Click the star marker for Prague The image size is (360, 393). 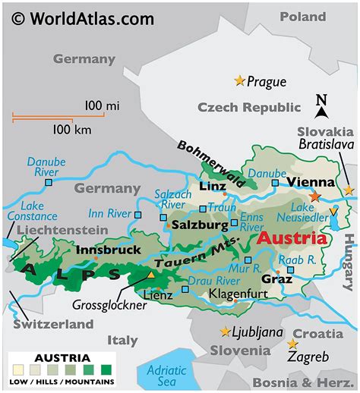241,80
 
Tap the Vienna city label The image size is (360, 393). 310,182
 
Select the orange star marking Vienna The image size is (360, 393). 314,196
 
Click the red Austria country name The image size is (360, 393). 292,237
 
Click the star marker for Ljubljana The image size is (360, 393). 225,332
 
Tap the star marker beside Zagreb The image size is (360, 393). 292,344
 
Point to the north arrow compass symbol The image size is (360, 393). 321,107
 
